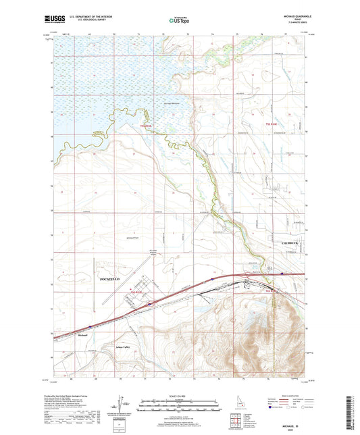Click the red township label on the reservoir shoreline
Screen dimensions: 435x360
tap(147, 126)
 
